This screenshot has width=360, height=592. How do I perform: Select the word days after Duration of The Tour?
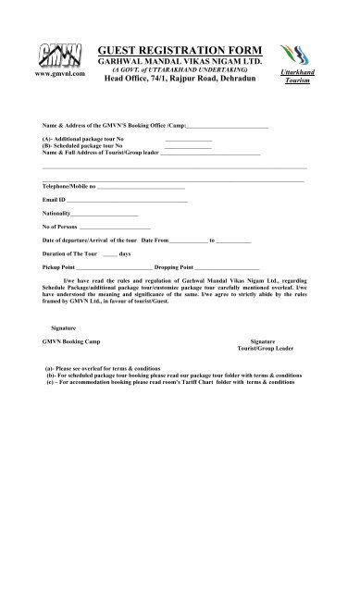124,252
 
